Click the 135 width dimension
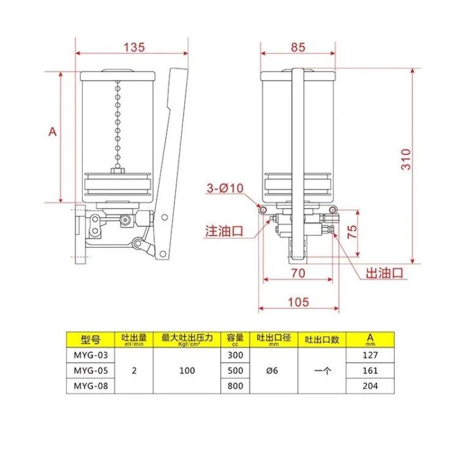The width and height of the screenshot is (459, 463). tap(134, 47)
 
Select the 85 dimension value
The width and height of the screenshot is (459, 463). tap(298, 47)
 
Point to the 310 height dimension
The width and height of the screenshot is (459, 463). tap(406, 159)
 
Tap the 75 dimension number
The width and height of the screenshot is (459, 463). tap(352, 231)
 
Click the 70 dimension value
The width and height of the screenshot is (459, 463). tap(298, 273)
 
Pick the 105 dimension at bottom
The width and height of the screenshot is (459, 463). tap(298, 302)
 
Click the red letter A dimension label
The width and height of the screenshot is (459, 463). tap(52, 131)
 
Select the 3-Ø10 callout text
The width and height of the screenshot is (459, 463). tap(225, 188)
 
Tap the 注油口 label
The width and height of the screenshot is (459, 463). tap(224, 231)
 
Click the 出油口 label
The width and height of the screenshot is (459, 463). tap(384, 273)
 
